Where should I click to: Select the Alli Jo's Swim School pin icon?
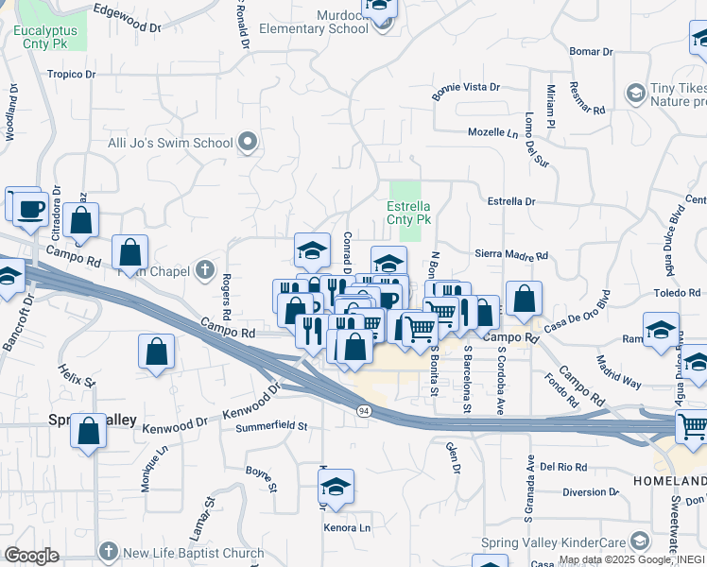click(x=249, y=143)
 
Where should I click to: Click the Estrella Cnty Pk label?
click(x=408, y=213)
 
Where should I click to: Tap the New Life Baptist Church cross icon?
click(x=109, y=553)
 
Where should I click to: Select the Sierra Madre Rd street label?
click(x=510, y=256)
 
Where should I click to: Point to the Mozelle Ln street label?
click(x=496, y=132)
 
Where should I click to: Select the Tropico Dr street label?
click(x=72, y=74)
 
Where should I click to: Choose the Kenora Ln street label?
click(x=348, y=528)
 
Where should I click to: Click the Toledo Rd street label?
click(x=675, y=294)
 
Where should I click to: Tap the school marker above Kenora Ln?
click(x=335, y=486)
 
